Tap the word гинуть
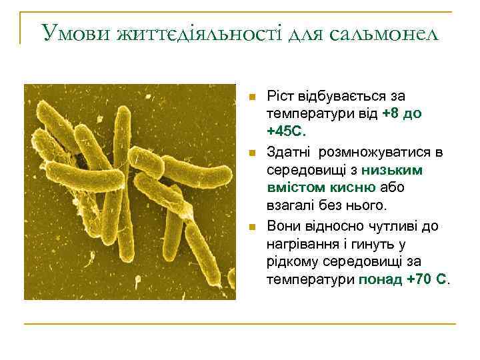tap(377, 243)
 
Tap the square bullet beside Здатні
tap(251, 154)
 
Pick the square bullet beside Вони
tap(251, 227)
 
